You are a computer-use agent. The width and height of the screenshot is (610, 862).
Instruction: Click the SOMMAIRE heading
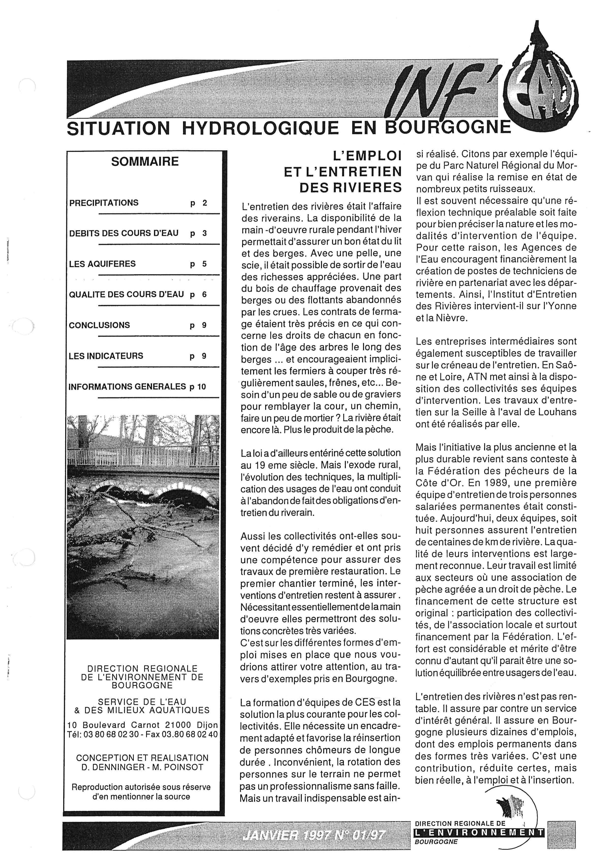coord(145,162)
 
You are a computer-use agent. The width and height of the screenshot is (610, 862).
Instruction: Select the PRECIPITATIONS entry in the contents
coord(104,203)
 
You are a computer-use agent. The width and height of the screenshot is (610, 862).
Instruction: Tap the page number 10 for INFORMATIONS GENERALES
coord(201,387)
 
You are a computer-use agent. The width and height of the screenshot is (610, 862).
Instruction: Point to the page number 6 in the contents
coord(204,295)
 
